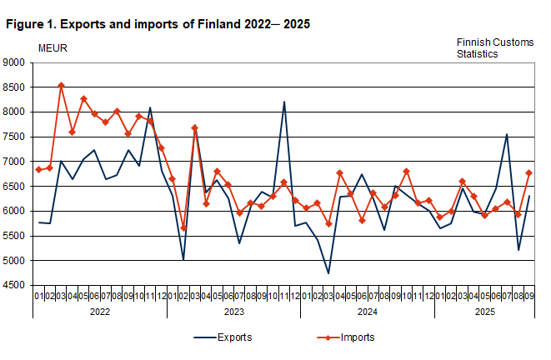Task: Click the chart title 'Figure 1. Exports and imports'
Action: tap(158, 24)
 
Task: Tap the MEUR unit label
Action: tap(53, 47)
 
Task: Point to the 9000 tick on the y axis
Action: tap(14, 62)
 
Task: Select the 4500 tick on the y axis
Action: tap(14, 286)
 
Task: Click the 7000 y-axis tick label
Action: tap(14, 162)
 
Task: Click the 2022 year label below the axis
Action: tap(99, 311)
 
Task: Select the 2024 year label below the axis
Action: tap(367, 311)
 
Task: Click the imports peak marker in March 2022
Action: tap(61, 85)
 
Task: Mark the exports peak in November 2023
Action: tap(283, 102)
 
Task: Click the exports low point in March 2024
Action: tap(328, 273)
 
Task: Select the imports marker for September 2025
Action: tap(529, 172)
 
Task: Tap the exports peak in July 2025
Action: tap(507, 134)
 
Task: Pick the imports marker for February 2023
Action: tap(183, 228)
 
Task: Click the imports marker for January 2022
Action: tap(38, 170)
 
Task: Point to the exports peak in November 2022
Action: tap(150, 107)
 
